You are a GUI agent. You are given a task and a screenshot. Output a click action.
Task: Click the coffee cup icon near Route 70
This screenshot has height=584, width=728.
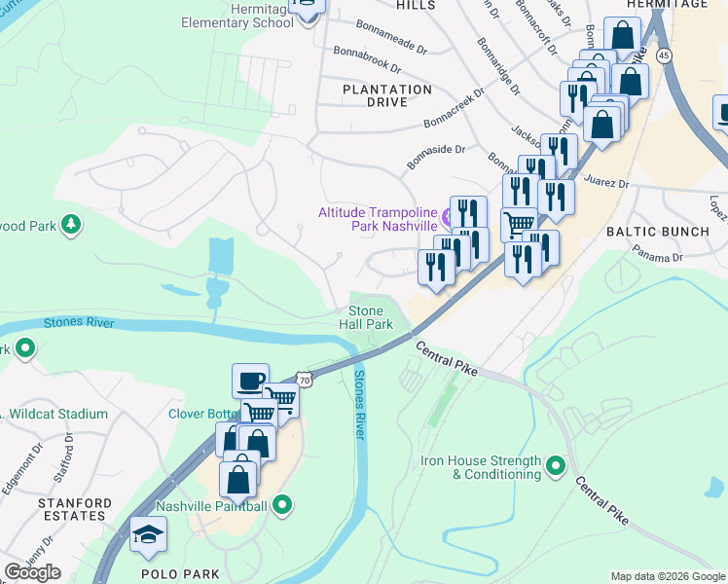(x=250, y=380)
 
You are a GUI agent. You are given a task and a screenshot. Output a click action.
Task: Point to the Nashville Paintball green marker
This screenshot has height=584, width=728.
(x=282, y=505)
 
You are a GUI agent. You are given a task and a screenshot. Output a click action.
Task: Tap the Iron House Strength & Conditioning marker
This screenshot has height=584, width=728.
(x=556, y=467)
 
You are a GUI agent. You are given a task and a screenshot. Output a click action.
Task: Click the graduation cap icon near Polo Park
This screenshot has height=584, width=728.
(x=148, y=534)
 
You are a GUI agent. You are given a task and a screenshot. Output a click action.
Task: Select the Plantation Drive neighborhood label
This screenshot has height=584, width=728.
(x=387, y=95)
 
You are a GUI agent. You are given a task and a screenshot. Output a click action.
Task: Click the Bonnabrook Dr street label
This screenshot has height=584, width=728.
(x=367, y=59)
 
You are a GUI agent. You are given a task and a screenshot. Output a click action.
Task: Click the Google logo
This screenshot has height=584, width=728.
(x=32, y=572)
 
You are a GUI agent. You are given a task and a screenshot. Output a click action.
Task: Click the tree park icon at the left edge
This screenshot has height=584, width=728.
(x=70, y=226)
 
